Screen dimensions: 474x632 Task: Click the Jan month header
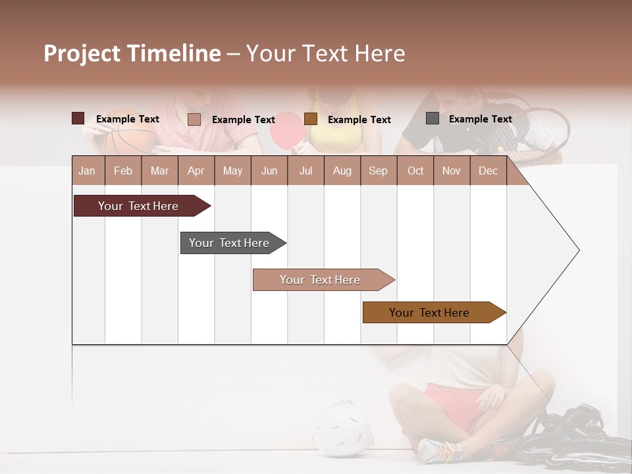(x=87, y=171)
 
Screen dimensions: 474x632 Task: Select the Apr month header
(x=196, y=171)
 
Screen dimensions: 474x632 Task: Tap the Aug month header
(x=342, y=171)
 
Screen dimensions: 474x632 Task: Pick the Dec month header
(x=488, y=171)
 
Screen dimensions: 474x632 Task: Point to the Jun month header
(x=269, y=171)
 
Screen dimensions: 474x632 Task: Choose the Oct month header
(x=415, y=171)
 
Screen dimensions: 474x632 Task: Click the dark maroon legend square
(x=78, y=118)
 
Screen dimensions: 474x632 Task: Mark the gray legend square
(x=433, y=118)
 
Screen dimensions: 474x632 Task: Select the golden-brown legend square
(x=311, y=119)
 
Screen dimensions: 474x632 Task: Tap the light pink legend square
(x=194, y=119)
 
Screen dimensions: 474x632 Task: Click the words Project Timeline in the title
(x=132, y=53)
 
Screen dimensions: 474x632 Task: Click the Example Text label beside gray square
(x=480, y=119)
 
